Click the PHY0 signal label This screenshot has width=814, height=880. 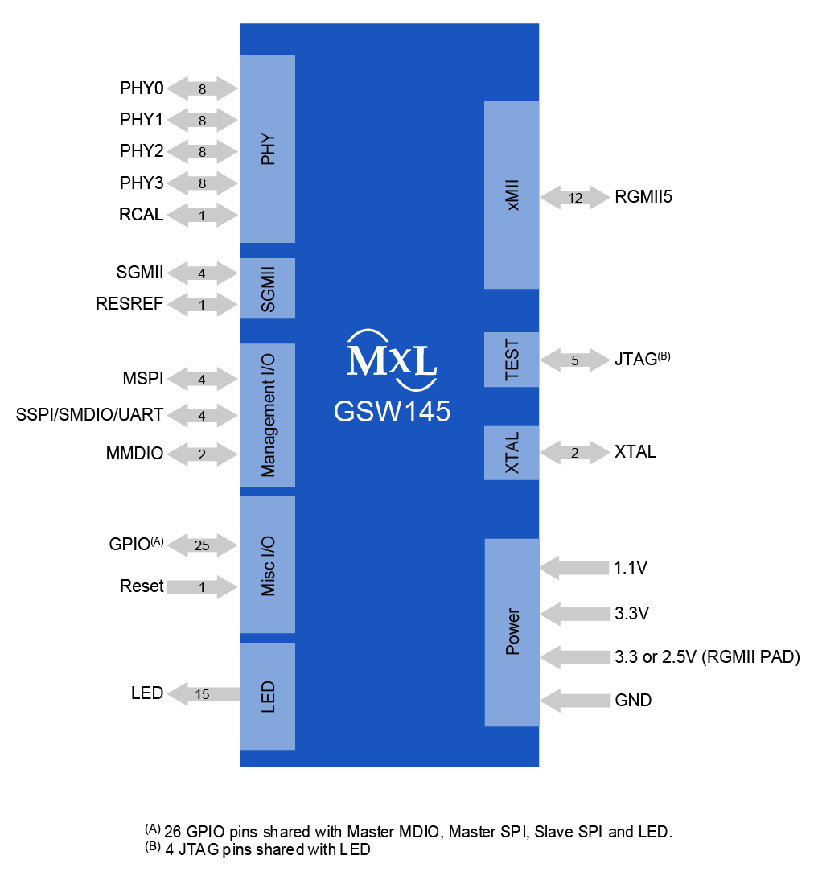coord(142,88)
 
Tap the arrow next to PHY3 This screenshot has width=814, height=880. coord(203,183)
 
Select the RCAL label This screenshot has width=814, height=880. coord(142,216)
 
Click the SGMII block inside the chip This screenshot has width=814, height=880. coord(268,288)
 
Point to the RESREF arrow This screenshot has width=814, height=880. coord(203,305)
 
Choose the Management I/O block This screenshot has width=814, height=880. coord(268,415)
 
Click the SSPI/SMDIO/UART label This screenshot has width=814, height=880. coord(89,415)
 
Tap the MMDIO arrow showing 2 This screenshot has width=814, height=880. coord(203,454)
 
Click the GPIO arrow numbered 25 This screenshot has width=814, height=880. coord(203,545)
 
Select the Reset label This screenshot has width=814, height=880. coord(142,586)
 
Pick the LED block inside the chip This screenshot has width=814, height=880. coord(268,697)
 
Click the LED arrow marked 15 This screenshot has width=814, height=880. coord(203,693)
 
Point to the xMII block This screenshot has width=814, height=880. coord(512,195)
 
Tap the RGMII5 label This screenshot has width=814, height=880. coord(643,197)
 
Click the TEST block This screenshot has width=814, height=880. coord(512,360)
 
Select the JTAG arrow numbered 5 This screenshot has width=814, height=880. coord(575,360)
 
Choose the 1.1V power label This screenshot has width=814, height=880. coord(631,569)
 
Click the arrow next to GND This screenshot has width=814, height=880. coord(575,700)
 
